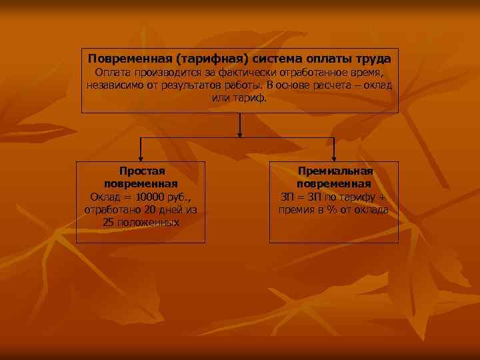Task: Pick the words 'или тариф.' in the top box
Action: [x=239, y=97]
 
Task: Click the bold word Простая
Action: [x=141, y=172]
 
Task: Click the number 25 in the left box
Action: [x=109, y=222]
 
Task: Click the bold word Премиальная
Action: [x=333, y=172]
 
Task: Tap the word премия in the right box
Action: [x=295, y=210]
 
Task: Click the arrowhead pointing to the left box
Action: [x=141, y=157]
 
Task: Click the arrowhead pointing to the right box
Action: [x=333, y=157]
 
